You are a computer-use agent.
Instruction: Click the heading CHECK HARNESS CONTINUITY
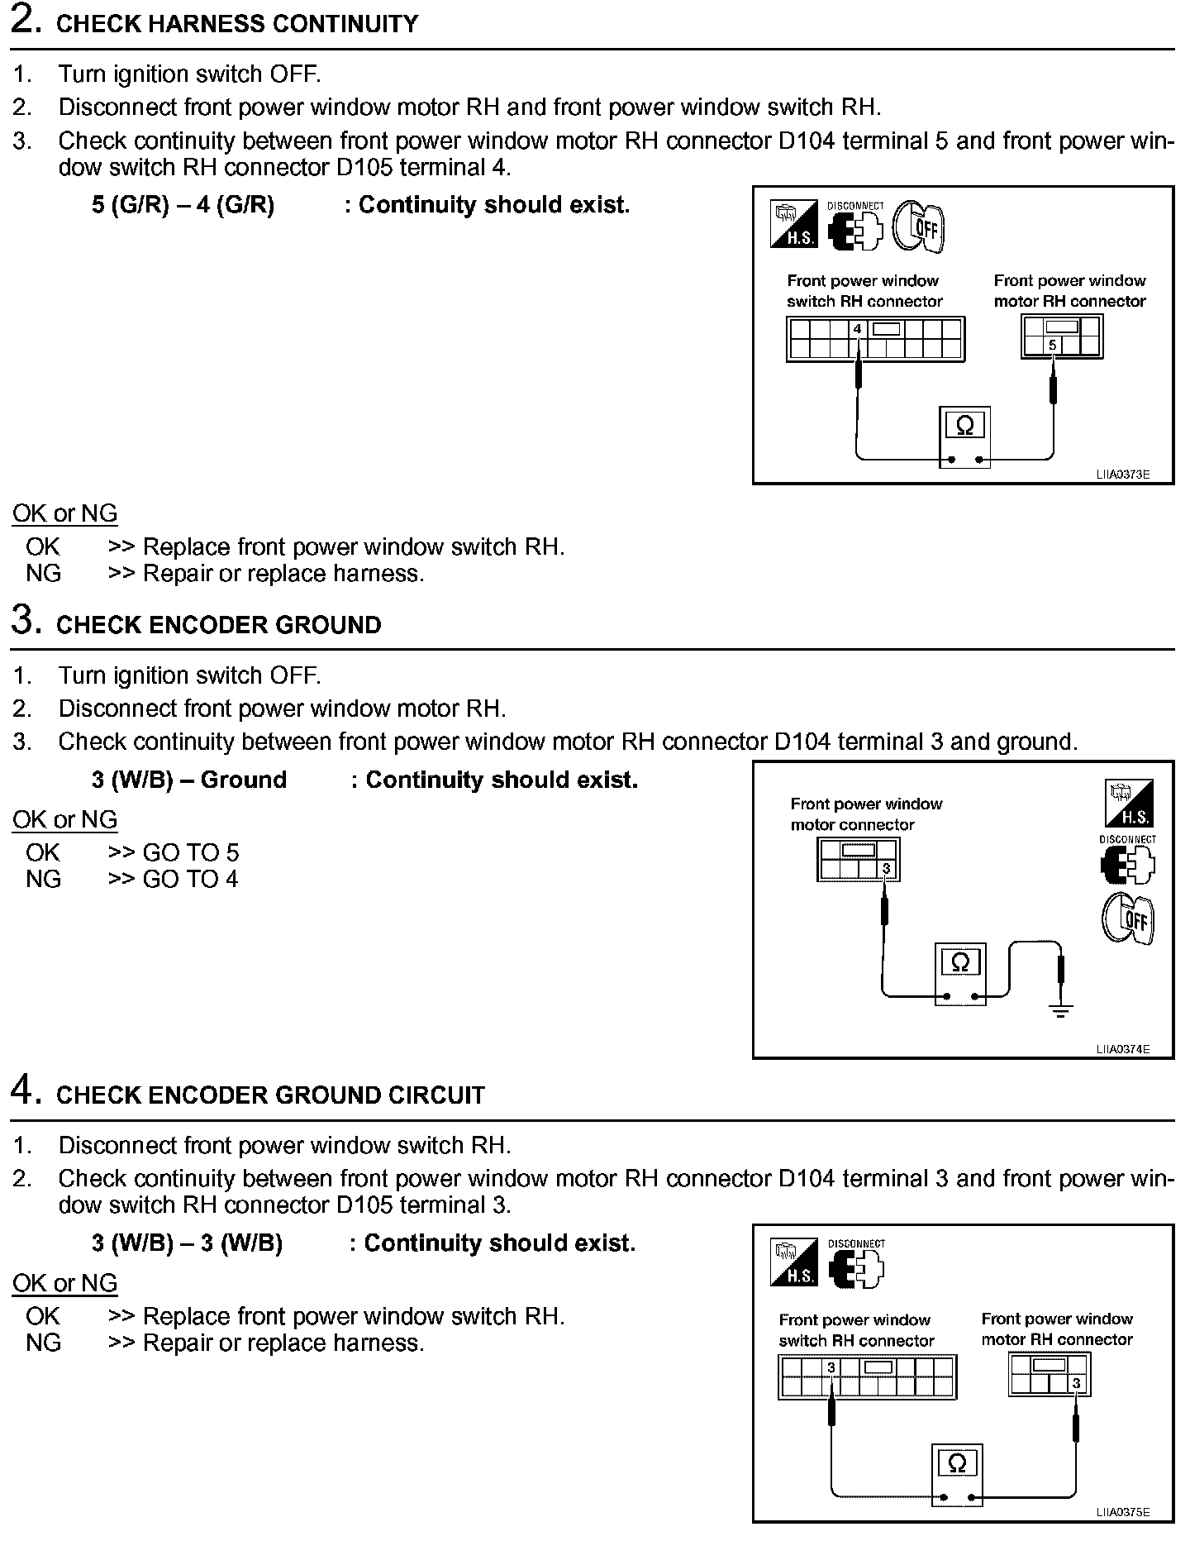236,24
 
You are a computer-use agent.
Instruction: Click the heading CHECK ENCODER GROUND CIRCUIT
270,1095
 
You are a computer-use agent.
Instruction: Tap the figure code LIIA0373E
1123,475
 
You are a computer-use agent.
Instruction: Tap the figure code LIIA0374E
1123,1050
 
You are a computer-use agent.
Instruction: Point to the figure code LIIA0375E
1123,1512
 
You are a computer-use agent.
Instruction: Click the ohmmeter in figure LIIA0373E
964,437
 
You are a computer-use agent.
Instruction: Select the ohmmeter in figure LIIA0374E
960,974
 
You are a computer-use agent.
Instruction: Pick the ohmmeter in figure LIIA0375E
957,1474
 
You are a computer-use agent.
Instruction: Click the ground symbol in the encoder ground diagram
1061,1009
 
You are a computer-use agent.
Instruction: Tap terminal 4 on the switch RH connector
858,329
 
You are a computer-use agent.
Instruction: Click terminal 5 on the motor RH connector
1052,346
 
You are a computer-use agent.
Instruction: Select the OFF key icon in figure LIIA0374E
1128,919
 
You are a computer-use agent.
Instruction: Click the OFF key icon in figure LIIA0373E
919,227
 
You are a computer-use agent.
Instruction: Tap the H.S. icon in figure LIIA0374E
1128,804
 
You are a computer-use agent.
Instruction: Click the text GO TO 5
190,852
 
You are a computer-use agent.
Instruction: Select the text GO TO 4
190,879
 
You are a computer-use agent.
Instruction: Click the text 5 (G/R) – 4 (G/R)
183,205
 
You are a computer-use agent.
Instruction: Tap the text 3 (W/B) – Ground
189,780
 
